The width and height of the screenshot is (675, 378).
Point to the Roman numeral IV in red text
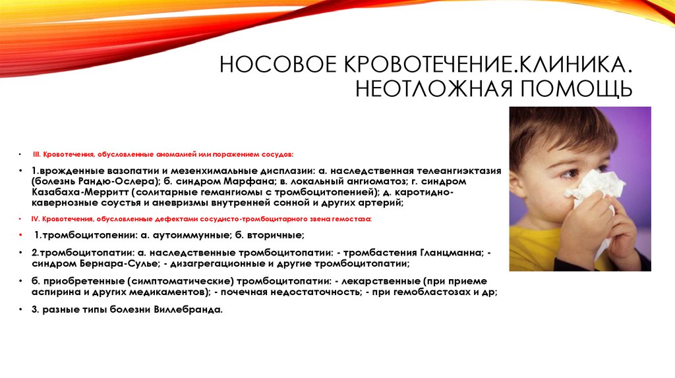coord(37,218)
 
